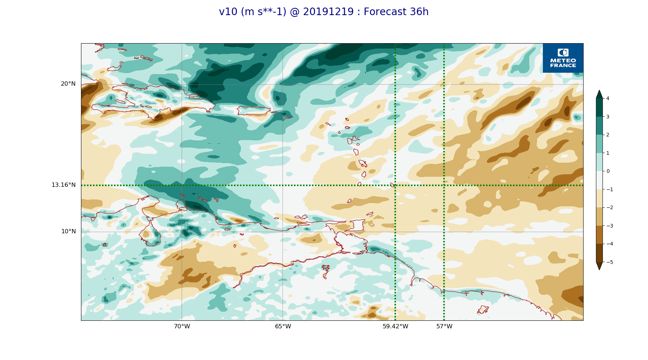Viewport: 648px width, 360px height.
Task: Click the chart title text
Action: pyautogui.click(x=324, y=12)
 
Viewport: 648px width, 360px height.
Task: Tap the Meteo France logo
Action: pyautogui.click(x=563, y=58)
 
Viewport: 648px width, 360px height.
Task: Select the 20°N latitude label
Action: pyautogui.click(x=68, y=84)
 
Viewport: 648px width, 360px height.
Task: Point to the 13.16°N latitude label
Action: pyautogui.click(x=63, y=185)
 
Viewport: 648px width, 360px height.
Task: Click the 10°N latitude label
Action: pyautogui.click(x=68, y=231)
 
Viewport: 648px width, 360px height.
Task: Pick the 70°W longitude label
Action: pyautogui.click(x=182, y=327)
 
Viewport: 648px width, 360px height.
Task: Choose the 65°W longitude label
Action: pyautogui.click(x=283, y=327)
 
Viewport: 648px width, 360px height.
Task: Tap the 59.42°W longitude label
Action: pyautogui.click(x=395, y=327)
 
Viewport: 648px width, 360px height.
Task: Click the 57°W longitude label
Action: pyautogui.click(x=444, y=327)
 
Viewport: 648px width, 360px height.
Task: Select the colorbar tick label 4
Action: pyautogui.click(x=608, y=98)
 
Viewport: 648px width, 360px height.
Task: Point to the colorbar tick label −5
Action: pyautogui.click(x=609, y=262)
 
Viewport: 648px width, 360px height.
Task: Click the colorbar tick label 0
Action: pyautogui.click(x=608, y=171)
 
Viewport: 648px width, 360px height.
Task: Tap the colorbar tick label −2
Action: pyautogui.click(x=609, y=207)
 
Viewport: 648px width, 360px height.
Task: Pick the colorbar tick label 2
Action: pyautogui.click(x=608, y=135)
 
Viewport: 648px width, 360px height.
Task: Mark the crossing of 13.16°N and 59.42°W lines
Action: pyautogui.click(x=395, y=185)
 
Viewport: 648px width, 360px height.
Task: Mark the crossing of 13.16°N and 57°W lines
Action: pyautogui.click(x=444, y=185)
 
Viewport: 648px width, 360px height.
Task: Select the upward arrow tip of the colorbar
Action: pyautogui.click(x=599, y=90)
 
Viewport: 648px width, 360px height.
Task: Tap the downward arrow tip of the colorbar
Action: pyautogui.click(x=599, y=270)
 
